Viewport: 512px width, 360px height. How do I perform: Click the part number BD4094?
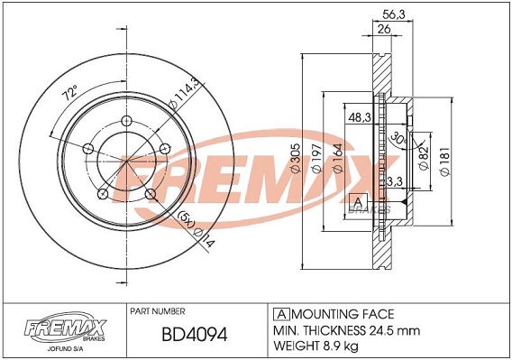pyautogui.click(x=195, y=335)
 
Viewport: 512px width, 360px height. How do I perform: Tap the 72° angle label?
pyautogui.click(x=70, y=93)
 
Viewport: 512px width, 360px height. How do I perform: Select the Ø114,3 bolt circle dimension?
pyautogui.click(x=185, y=94)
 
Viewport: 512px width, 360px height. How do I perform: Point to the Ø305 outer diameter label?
pyautogui.click(x=295, y=158)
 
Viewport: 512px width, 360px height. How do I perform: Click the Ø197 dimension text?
pyautogui.click(x=317, y=158)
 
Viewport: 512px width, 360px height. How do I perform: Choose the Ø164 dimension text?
pyautogui.click(x=338, y=158)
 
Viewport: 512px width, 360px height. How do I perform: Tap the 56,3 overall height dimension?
pyautogui.click(x=394, y=14)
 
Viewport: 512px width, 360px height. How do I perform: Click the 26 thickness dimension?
pyautogui.click(x=383, y=29)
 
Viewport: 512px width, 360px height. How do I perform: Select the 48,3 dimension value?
pyautogui.click(x=360, y=117)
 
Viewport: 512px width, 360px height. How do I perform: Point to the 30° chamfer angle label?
pyautogui.click(x=398, y=138)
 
